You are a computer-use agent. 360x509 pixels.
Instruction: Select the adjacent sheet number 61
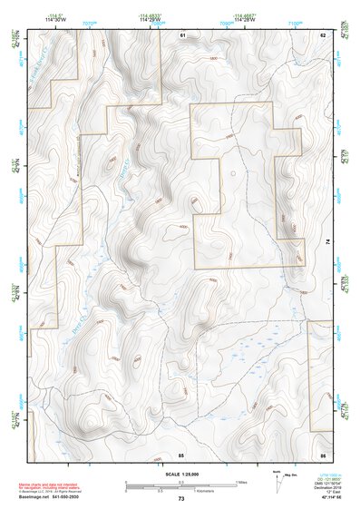(181, 34)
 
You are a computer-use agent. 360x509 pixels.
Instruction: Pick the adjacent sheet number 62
(322, 34)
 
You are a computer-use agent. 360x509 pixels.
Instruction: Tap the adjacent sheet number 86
(322, 453)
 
